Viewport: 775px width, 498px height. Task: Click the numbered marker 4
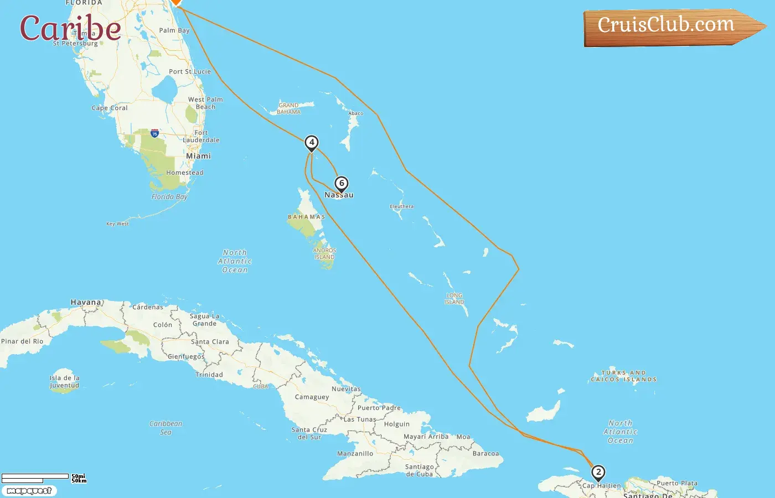click(312, 143)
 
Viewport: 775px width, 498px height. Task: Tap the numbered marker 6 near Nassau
click(342, 184)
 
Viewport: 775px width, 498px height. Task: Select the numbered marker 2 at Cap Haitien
click(598, 473)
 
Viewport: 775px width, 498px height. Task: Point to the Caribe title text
click(70, 28)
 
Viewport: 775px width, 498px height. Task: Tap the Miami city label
click(198, 156)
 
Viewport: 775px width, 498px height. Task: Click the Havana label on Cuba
click(86, 302)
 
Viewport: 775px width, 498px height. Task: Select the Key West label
click(117, 224)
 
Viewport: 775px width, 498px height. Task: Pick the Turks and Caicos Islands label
click(624, 376)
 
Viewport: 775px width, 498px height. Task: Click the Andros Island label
click(325, 253)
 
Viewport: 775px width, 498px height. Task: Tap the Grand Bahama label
click(289, 108)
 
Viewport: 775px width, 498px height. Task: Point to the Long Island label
click(454, 299)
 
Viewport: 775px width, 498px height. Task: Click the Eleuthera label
click(401, 206)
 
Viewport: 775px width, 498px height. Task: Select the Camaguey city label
click(312, 397)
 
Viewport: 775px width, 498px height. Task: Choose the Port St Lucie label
click(190, 71)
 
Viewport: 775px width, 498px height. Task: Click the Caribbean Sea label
click(166, 428)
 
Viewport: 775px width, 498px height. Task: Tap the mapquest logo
click(29, 491)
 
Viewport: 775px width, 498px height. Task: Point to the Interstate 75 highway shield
click(154, 133)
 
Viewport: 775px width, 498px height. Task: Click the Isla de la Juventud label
click(64, 382)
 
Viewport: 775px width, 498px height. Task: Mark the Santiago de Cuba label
click(419, 470)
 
